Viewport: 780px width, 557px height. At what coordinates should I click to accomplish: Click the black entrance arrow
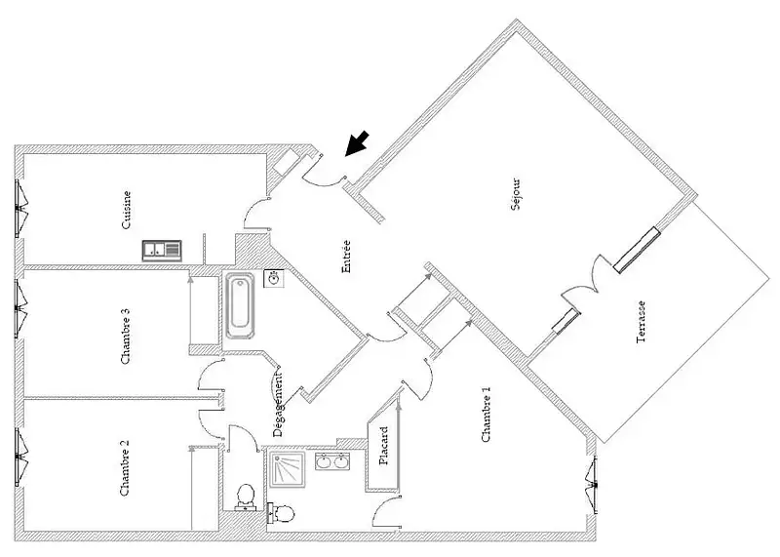[x=357, y=143]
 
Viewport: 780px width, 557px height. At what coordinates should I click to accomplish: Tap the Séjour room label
[x=517, y=194]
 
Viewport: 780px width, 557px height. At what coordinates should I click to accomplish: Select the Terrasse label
[x=642, y=322]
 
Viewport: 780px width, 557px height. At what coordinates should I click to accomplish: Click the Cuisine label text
[x=127, y=210]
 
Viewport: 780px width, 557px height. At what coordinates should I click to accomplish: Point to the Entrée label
[x=346, y=257]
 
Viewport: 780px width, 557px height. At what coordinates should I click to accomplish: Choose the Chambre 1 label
[x=486, y=415]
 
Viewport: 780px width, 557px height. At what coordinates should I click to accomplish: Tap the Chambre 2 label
[x=125, y=467]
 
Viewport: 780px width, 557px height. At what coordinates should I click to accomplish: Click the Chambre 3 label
[x=126, y=336]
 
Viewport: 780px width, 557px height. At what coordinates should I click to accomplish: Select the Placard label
[x=383, y=446]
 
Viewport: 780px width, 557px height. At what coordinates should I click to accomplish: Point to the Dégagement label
[x=278, y=404]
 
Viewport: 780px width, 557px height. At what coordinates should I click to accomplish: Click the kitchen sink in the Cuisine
[x=162, y=251]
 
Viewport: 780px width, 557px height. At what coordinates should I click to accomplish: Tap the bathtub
[x=240, y=304]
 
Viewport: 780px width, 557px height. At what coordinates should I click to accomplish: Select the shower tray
[x=287, y=470]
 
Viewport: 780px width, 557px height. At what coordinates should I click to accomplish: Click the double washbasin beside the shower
[x=332, y=461]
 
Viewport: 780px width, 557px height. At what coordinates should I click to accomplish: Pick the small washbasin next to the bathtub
[x=274, y=278]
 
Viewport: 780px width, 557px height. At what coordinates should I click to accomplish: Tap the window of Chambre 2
[x=20, y=458]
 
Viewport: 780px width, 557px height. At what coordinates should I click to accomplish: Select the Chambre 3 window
[x=20, y=308]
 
